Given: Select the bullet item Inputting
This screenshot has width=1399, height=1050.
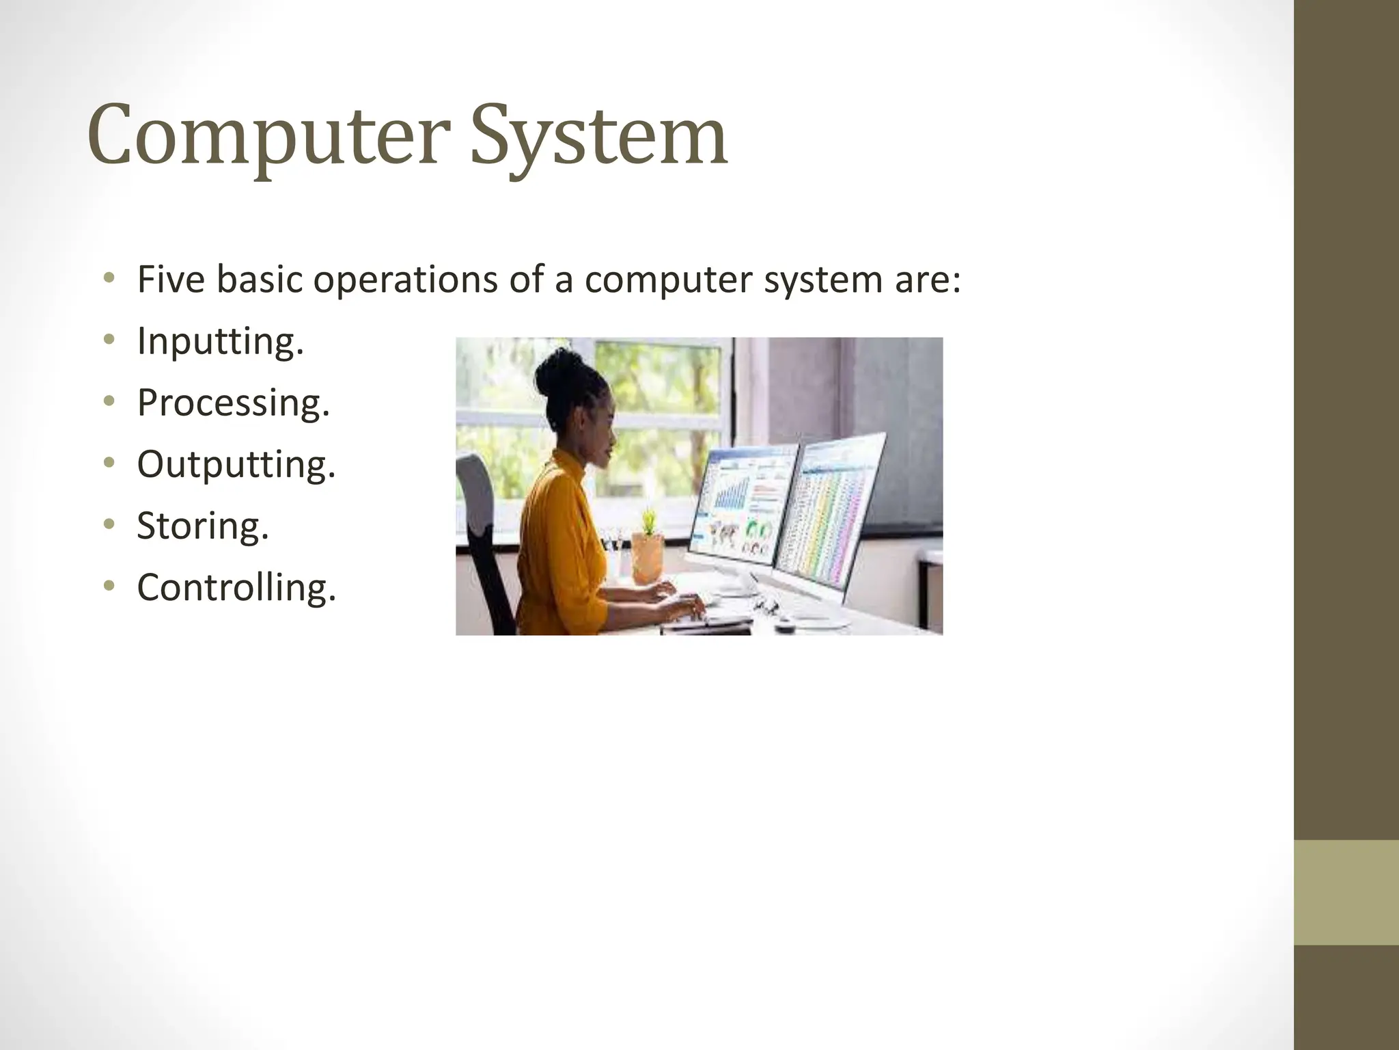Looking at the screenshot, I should [220, 340].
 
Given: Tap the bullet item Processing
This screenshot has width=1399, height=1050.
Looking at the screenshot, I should [234, 402].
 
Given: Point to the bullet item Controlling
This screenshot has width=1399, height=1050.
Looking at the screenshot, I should [236, 587].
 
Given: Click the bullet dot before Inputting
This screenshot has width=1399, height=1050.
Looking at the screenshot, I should [109, 339].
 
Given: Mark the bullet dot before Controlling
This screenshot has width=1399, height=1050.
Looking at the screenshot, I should [109, 585].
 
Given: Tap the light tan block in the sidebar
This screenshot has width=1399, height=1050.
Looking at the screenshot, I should [1346, 892].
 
